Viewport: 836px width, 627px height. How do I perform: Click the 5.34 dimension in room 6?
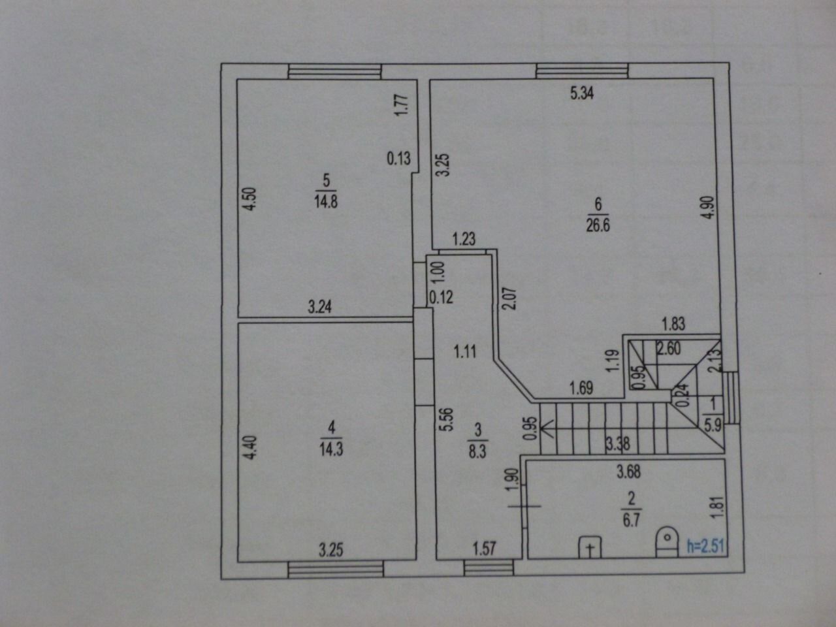[x=582, y=93]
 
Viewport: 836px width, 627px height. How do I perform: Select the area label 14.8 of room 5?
[x=326, y=201]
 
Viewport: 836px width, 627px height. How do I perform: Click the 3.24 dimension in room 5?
[x=320, y=306]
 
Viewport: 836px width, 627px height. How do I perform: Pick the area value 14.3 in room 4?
[x=332, y=449]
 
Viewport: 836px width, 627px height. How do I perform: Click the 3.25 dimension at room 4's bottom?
[x=331, y=549]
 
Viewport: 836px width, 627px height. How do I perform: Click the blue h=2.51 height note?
[x=706, y=546]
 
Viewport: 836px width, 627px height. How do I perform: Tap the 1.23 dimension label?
[x=464, y=239]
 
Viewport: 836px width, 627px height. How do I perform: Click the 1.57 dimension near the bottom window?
[x=485, y=548]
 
